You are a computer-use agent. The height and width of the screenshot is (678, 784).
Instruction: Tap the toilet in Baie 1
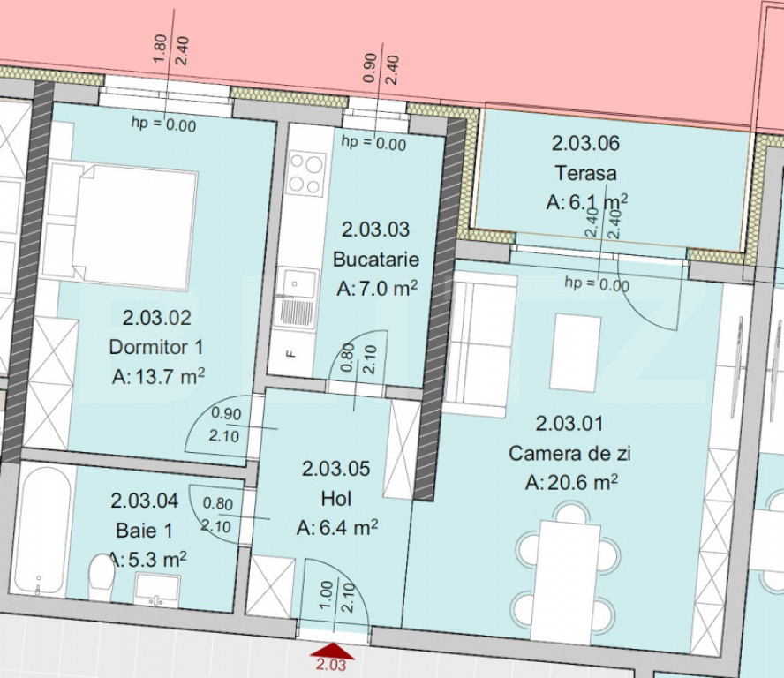(101, 577)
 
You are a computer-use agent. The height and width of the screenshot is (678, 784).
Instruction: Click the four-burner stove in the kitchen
(306, 174)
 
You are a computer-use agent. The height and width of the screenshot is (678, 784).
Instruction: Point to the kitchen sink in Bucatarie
(296, 298)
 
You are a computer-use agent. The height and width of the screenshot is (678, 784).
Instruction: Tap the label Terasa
(585, 173)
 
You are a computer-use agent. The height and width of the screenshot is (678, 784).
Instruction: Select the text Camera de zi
(569, 454)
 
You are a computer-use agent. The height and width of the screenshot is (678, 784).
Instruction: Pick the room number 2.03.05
(336, 469)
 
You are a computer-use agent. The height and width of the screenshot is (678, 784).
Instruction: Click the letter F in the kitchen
(290, 355)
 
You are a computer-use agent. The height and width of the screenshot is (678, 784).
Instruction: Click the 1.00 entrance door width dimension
(326, 595)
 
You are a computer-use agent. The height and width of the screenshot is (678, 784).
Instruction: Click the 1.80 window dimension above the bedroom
(160, 49)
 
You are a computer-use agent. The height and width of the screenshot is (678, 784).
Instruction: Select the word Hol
(336, 499)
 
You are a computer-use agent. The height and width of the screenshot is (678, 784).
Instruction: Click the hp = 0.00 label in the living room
(597, 283)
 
